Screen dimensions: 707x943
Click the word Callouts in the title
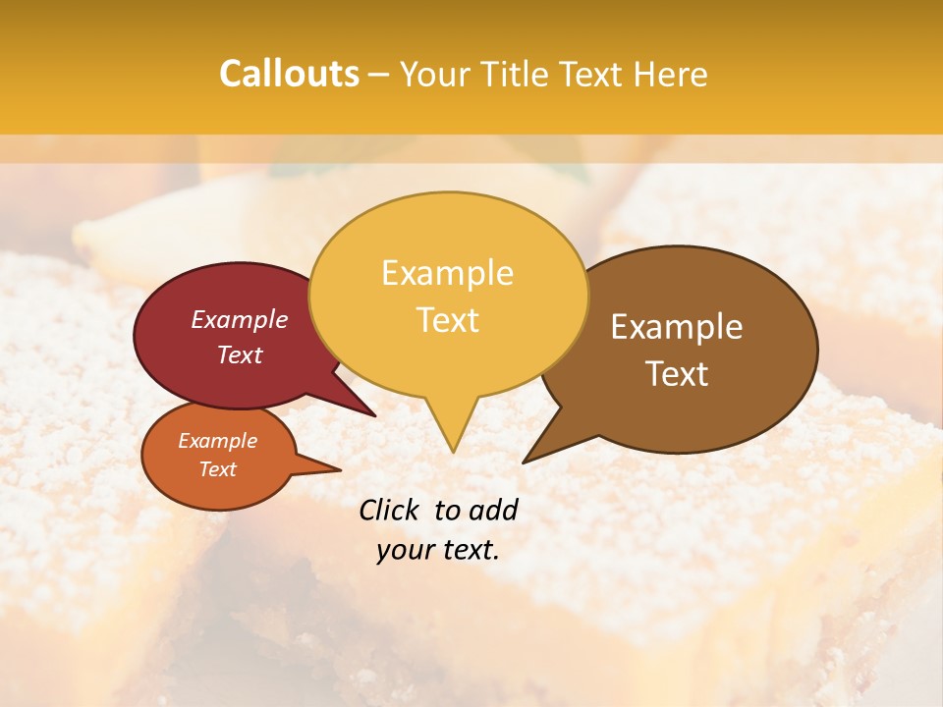tap(289, 74)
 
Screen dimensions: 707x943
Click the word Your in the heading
tap(436, 75)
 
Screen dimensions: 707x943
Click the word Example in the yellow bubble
tap(447, 273)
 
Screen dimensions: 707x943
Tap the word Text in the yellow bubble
tap(447, 320)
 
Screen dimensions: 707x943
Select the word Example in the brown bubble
tap(677, 327)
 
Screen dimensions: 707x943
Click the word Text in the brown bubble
tap(677, 374)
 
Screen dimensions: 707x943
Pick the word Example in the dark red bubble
tap(240, 319)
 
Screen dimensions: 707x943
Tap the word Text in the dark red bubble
tap(240, 354)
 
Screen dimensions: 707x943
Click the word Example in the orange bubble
tap(217, 441)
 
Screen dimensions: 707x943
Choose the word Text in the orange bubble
tap(217, 469)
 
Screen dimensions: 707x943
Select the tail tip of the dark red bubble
tap(373, 414)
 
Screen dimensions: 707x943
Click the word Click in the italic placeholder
tap(390, 510)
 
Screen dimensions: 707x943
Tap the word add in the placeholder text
tap(494, 510)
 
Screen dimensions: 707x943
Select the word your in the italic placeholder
tap(406, 550)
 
